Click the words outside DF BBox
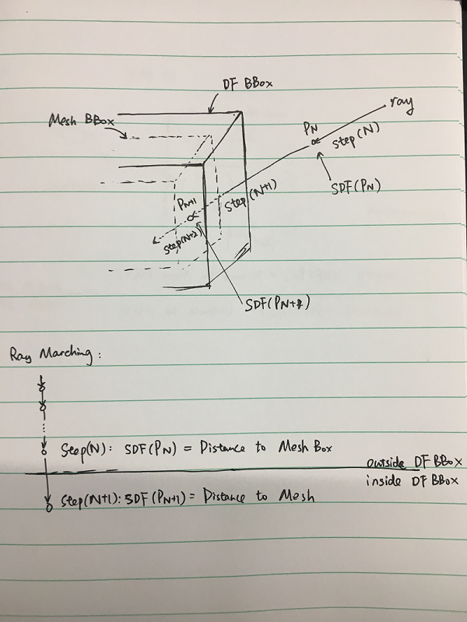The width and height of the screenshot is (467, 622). tap(414, 462)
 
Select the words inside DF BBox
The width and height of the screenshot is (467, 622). tap(413, 481)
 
